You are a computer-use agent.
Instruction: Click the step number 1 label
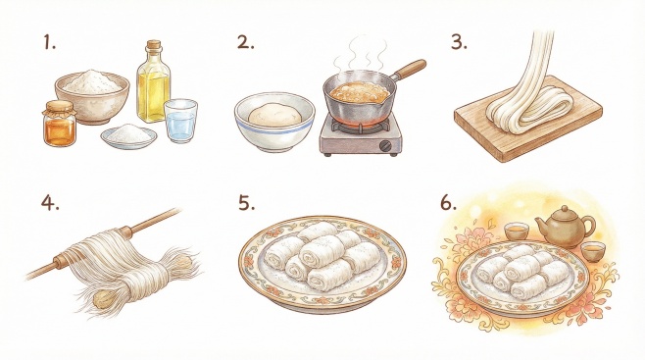pos(49,42)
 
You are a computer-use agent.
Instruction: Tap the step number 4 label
pos(50,202)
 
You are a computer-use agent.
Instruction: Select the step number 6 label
pos(448,202)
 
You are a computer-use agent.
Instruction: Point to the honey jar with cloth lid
pos(59,124)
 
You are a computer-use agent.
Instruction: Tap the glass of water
pos(180,121)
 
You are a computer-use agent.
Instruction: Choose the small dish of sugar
pos(128,135)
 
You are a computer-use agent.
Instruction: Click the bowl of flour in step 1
pos(92,96)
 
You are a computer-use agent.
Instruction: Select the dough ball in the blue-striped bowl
pos(274,114)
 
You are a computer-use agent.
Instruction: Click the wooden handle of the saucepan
pos(409,69)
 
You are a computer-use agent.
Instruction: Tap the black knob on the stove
pos(385,146)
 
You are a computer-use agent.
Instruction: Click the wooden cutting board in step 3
pos(528,120)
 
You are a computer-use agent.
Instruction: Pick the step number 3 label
pos(459,42)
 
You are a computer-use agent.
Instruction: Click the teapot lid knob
pos(565,208)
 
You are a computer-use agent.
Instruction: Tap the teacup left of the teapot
pos(517,231)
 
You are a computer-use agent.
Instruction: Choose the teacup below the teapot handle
pos(593,251)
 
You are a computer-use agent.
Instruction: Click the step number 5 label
pos(246,202)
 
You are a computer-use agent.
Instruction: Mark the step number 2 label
pos(246,42)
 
